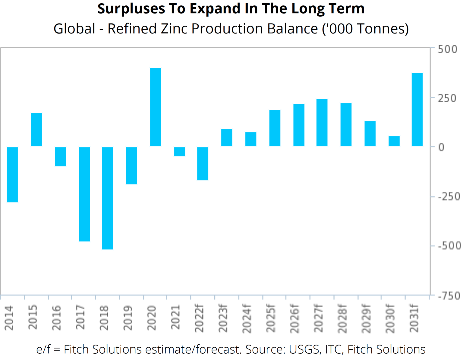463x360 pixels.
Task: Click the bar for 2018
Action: point(108,198)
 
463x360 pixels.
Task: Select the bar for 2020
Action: point(156,107)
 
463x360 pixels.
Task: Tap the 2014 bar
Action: point(12,175)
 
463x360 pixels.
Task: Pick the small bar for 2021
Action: point(180,152)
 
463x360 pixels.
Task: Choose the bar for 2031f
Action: point(417,110)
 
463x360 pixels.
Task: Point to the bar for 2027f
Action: point(322,123)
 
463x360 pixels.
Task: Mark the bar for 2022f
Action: point(203,164)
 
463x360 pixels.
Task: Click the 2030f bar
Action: point(394,141)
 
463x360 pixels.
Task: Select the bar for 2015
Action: point(36,130)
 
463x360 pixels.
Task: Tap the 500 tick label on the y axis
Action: point(447,49)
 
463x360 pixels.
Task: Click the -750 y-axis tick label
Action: point(449,296)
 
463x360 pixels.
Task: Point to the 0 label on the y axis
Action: point(441,147)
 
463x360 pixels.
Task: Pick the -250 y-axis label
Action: point(449,197)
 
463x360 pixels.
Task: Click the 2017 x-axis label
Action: point(80,317)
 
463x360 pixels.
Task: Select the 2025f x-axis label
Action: point(271,318)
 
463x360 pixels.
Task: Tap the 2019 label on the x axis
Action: point(128,317)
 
